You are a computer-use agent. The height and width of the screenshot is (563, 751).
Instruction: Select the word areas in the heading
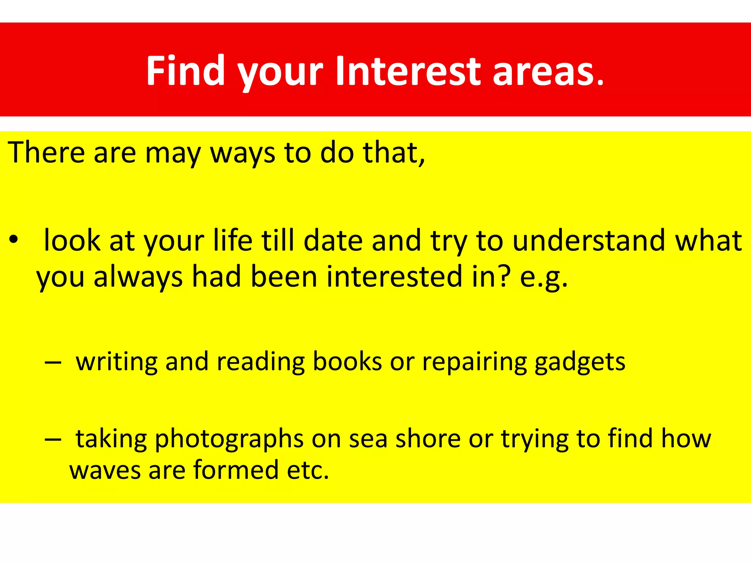(x=548, y=71)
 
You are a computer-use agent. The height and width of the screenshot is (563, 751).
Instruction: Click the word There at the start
(x=46, y=152)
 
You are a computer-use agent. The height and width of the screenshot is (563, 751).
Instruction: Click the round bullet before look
(x=14, y=240)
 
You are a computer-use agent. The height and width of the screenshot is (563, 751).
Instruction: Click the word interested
(x=394, y=277)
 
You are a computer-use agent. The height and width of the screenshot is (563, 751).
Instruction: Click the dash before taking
(x=52, y=439)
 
